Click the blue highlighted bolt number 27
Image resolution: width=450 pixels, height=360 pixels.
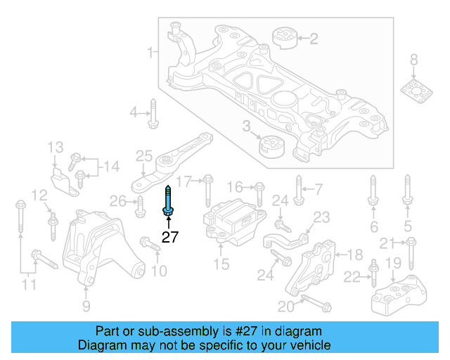pos(169,200)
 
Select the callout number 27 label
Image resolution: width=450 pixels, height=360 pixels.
pos(170,237)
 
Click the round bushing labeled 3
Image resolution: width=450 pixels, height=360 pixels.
pos(271,146)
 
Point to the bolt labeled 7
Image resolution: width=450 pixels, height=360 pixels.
pos(299,191)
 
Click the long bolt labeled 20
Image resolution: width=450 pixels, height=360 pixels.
pos(316,304)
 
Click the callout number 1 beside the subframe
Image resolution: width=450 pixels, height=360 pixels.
pos(150,52)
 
